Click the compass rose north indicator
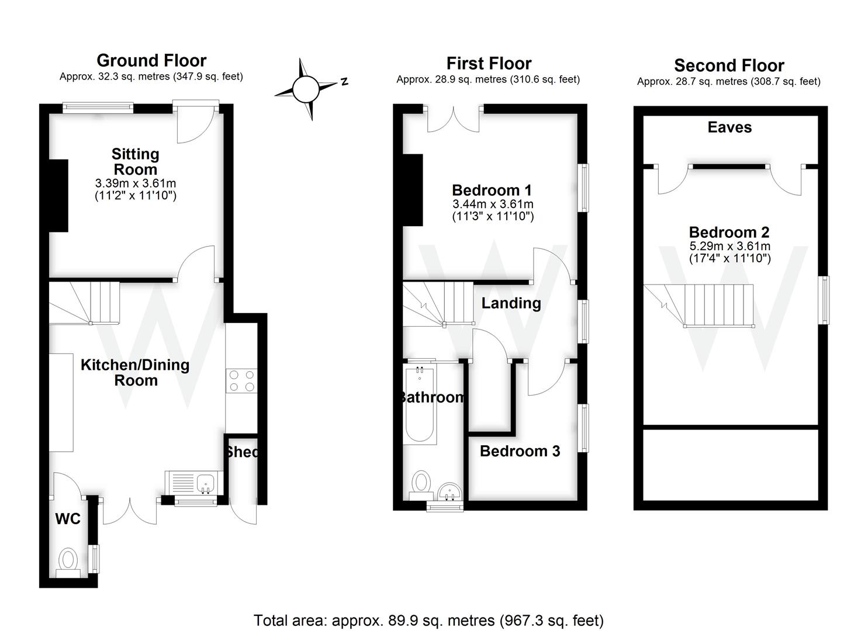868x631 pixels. pyautogui.click(x=305, y=89)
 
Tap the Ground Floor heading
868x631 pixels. pyautogui.click(x=151, y=61)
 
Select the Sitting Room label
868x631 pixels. pyautogui.click(x=135, y=162)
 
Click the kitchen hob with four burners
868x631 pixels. pyautogui.click(x=241, y=380)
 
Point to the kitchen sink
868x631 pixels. pyautogui.click(x=206, y=483)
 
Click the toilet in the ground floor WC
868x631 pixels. pyautogui.click(x=68, y=561)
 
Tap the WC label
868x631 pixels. pyautogui.click(x=68, y=519)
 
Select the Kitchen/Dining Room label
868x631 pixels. pyautogui.click(x=135, y=373)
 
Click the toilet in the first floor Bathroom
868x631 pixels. pyautogui.click(x=420, y=485)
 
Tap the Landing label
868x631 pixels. pyautogui.click(x=511, y=303)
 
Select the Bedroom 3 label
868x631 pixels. pyautogui.click(x=520, y=451)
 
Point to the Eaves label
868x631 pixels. pyautogui.click(x=729, y=127)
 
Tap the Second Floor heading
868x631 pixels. pyautogui.click(x=729, y=65)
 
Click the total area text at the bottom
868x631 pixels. pyautogui.click(x=428, y=620)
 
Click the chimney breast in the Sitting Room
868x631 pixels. pyautogui.click(x=58, y=196)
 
